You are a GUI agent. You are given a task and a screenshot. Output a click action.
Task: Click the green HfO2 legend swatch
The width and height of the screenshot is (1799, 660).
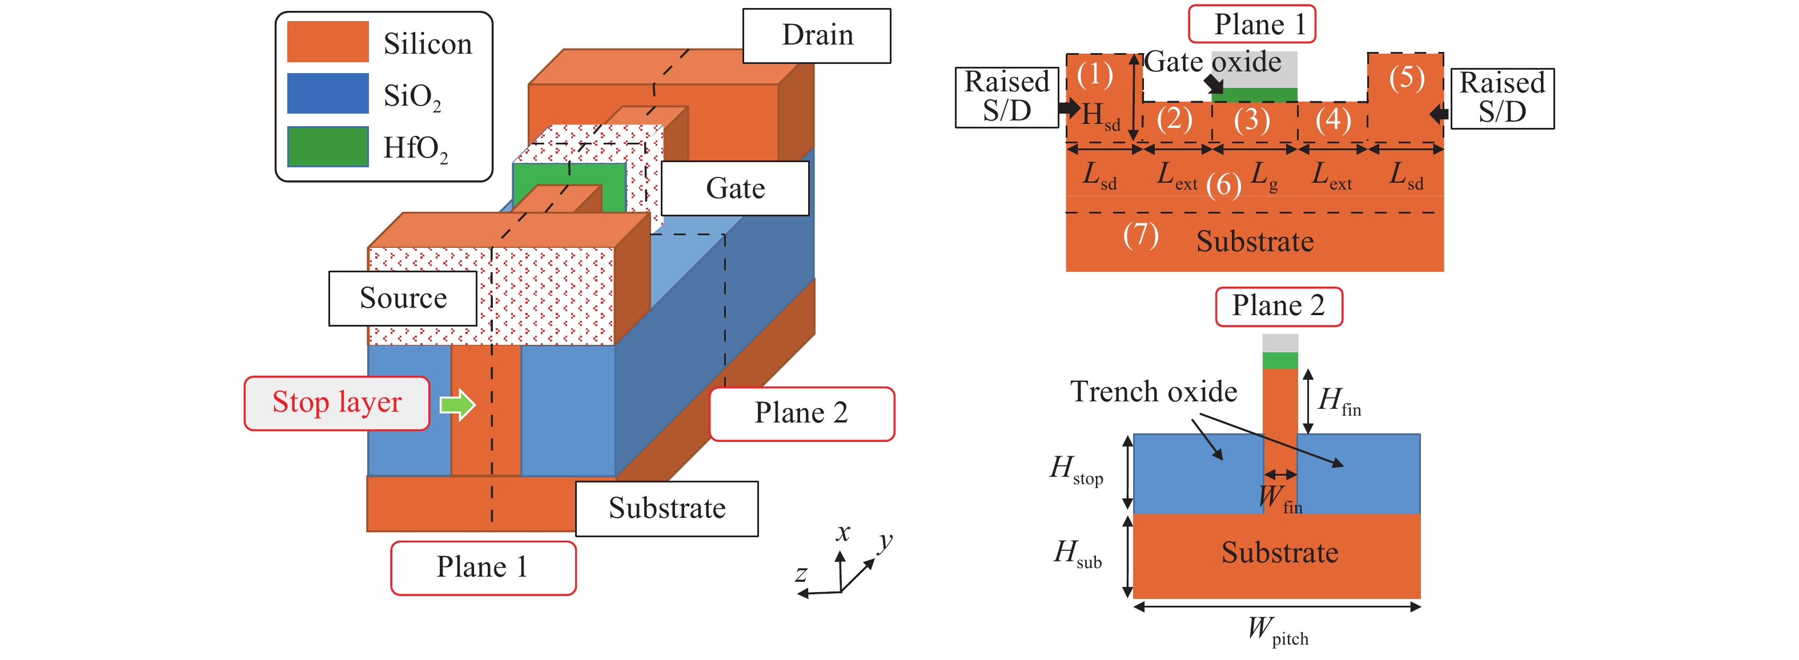328,147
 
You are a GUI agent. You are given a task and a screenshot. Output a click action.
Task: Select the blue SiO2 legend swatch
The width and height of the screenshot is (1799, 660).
328,94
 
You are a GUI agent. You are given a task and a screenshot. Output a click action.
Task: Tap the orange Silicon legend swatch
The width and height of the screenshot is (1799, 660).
328,42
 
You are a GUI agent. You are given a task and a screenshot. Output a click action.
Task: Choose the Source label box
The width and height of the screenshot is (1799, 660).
403,298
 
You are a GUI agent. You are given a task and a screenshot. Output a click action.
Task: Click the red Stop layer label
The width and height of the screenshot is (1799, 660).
336,403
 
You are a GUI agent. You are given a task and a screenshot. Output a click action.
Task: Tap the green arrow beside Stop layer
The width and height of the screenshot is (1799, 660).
457,404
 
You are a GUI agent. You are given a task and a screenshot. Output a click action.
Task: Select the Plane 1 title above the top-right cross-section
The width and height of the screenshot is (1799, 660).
1252,25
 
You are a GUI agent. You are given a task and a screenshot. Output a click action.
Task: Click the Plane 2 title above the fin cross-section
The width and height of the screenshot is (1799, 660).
1278,306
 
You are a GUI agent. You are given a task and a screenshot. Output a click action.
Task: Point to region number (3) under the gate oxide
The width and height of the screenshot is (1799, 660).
1251,120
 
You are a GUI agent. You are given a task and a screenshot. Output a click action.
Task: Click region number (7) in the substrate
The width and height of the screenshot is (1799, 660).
1141,235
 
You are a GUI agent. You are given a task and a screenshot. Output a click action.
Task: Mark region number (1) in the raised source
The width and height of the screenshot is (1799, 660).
1094,75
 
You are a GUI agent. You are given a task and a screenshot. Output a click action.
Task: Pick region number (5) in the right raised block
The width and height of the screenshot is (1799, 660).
1406,78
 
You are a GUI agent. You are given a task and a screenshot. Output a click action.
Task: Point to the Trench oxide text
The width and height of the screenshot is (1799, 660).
1154,392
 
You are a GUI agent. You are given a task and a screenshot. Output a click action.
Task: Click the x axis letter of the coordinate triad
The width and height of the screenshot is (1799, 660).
843,533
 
